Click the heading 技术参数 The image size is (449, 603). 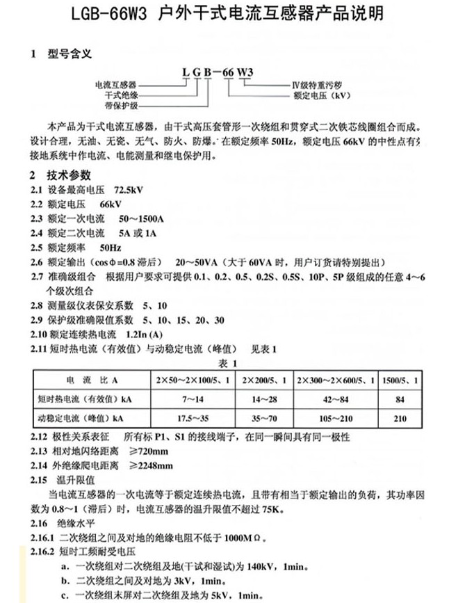pos(69,175)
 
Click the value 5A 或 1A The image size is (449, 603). pos(143,233)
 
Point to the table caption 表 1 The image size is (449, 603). pos(228,362)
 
